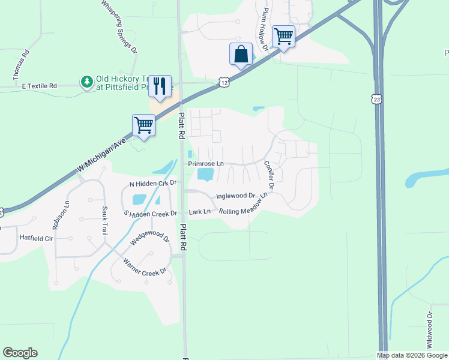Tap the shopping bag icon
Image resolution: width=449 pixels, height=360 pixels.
pos(241,54)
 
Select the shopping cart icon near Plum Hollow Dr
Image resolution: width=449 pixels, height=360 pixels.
pos(283,36)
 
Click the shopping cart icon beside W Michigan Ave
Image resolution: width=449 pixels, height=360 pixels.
pos(143,125)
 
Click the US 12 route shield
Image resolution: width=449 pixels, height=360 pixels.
pos(223,82)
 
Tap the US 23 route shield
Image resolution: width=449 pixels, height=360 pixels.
pos(376,97)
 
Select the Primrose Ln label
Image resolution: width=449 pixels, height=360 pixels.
pos(206,163)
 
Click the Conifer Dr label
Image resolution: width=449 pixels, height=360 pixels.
pos(269,175)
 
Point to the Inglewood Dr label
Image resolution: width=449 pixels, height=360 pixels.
pos(235,196)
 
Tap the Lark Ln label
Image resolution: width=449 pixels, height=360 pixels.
pos(200,211)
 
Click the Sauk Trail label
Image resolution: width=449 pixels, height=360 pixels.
pos(104,220)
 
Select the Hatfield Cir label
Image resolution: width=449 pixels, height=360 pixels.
pos(37,237)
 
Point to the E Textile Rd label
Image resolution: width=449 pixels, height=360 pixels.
pos(39,86)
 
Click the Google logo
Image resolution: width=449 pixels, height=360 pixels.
pos(20,353)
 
